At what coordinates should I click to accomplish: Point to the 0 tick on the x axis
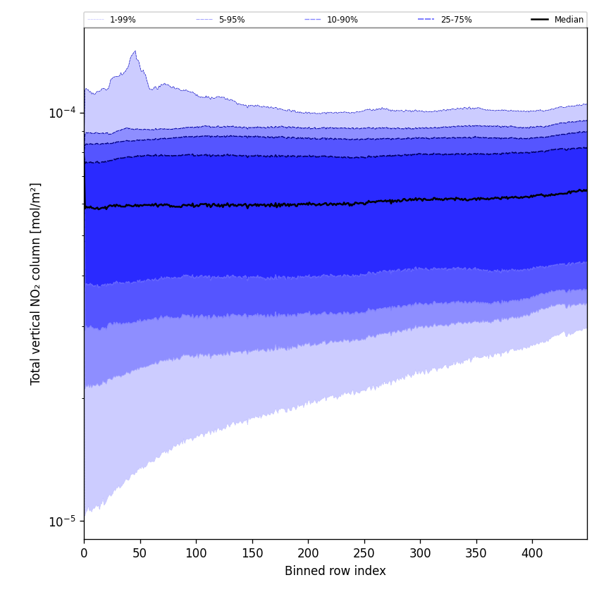tap(84, 553)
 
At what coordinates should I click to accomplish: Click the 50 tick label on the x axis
tap(140, 553)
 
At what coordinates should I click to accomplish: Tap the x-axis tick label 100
tap(196, 553)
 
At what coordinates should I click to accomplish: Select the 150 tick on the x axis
tap(252, 553)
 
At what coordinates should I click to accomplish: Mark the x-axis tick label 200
tap(308, 553)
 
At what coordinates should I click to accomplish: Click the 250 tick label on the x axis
tap(364, 553)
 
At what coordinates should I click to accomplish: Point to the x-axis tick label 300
tap(420, 553)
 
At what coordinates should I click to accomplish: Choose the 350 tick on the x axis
tap(476, 553)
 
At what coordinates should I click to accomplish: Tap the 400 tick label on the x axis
tap(532, 553)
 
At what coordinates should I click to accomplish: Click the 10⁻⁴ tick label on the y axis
tap(62, 113)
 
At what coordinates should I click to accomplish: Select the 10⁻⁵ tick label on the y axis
tap(62, 521)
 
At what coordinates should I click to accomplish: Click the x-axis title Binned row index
tap(335, 571)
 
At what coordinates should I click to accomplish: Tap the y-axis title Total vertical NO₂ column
tap(36, 283)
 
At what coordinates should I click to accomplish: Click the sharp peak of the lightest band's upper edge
tap(135, 51)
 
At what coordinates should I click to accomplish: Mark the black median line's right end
tap(586, 190)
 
